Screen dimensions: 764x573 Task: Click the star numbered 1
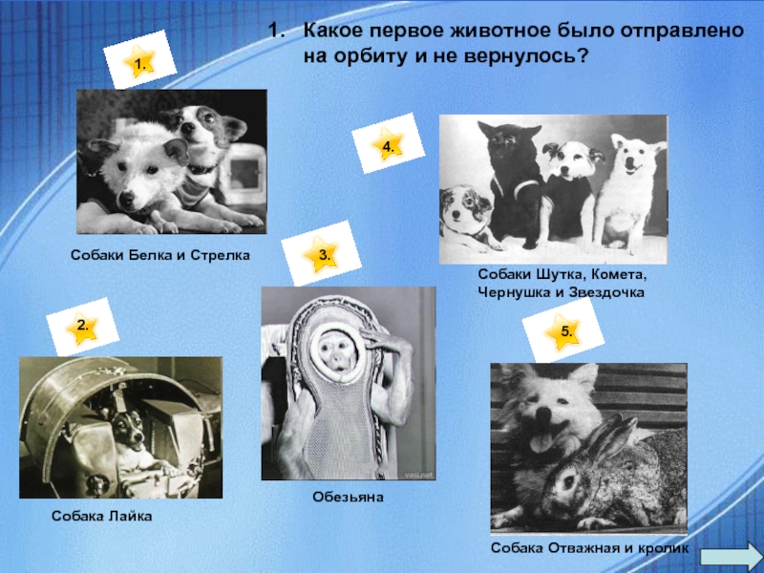tap(139, 62)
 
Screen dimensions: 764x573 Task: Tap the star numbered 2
tap(82, 328)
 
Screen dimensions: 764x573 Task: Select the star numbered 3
tap(321, 254)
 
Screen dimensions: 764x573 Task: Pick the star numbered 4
tap(388, 144)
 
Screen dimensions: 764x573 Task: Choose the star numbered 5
tap(563, 331)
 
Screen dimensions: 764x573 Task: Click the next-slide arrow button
tap(730, 558)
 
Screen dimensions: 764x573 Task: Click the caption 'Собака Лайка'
tap(102, 516)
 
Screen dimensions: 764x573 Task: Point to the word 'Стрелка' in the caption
tap(220, 255)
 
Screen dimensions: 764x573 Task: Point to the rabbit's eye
tap(567, 482)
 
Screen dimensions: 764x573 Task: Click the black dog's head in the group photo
tap(508, 143)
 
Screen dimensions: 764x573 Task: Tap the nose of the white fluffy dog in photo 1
tap(128, 197)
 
